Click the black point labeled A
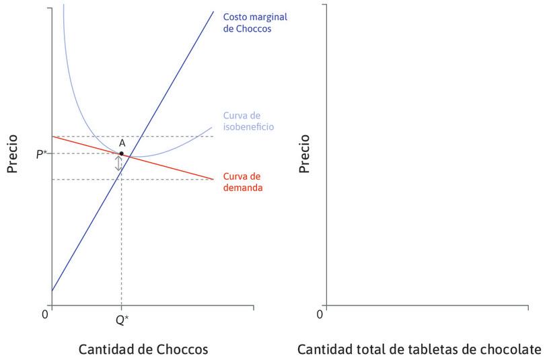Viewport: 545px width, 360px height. (x=121, y=153)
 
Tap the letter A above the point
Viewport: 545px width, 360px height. (x=122, y=143)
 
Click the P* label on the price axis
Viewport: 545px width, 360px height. (x=41, y=154)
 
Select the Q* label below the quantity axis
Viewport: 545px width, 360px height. (x=121, y=320)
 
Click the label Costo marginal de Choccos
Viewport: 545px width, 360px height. (x=247, y=22)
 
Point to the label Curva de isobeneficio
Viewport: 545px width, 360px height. (x=248, y=120)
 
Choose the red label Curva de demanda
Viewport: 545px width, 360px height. (x=242, y=182)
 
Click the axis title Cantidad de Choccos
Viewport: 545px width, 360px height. (x=143, y=350)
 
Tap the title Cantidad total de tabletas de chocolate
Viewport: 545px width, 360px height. (x=419, y=350)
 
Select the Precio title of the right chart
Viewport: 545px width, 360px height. (x=305, y=153)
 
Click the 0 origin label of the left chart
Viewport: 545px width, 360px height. (x=45, y=314)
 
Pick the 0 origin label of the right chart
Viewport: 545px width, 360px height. (x=320, y=314)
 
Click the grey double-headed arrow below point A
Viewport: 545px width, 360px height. (x=119, y=164)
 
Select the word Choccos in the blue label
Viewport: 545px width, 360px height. (x=254, y=30)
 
